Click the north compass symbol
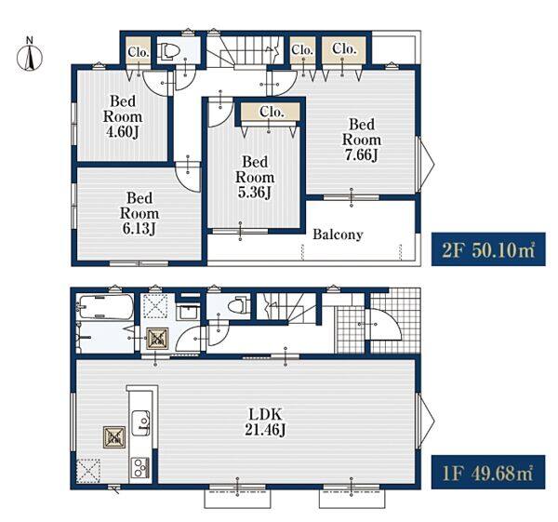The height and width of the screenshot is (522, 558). pyautogui.click(x=30, y=55)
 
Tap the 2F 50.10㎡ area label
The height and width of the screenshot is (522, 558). pyautogui.click(x=488, y=249)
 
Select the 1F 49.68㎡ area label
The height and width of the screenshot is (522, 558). pyautogui.click(x=488, y=472)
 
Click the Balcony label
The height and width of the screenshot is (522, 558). pyautogui.click(x=338, y=234)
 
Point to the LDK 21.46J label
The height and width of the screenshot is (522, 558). pyautogui.click(x=265, y=422)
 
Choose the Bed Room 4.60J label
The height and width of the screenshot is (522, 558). pyautogui.click(x=123, y=116)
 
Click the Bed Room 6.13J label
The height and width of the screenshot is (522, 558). pyautogui.click(x=139, y=213)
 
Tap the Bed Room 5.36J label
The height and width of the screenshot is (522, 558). pyautogui.click(x=255, y=177)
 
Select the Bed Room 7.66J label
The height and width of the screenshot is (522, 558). pyautogui.click(x=361, y=140)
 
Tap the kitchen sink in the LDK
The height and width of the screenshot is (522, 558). pyautogui.click(x=141, y=422)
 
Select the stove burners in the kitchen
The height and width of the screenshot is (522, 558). pyautogui.click(x=140, y=467)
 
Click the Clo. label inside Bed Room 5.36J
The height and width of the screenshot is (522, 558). pyautogui.click(x=272, y=112)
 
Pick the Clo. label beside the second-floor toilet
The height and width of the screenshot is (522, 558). pyautogui.click(x=138, y=52)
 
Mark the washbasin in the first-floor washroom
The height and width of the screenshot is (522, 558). pyautogui.click(x=189, y=313)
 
